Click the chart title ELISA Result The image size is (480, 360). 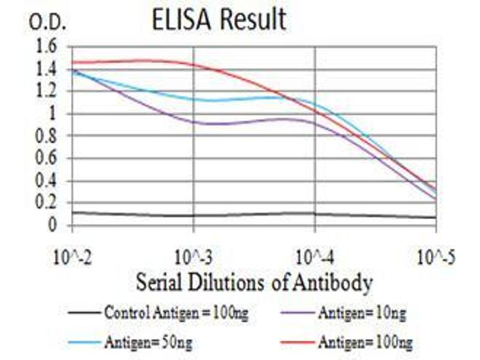pyautogui.click(x=218, y=20)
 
